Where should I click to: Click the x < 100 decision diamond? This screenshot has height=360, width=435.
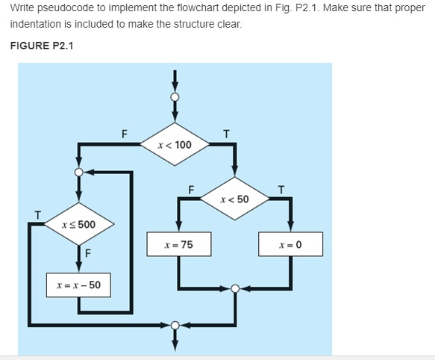175,144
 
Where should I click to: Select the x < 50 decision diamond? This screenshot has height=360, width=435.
235,199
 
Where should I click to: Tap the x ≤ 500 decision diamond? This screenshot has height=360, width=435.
78,224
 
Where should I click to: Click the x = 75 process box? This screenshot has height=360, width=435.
178,244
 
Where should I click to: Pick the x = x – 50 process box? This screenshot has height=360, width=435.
78,285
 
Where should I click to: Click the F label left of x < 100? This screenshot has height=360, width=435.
125,134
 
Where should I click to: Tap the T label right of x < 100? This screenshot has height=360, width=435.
227,134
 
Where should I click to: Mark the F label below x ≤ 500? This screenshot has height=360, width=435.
88,252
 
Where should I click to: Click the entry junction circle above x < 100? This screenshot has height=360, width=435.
175,97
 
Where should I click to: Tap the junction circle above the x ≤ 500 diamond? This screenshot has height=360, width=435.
78,172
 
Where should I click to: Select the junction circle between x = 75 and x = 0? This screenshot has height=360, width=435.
235,288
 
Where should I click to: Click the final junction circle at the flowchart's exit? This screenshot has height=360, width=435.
175,325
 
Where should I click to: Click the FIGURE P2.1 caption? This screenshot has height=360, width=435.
42,46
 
